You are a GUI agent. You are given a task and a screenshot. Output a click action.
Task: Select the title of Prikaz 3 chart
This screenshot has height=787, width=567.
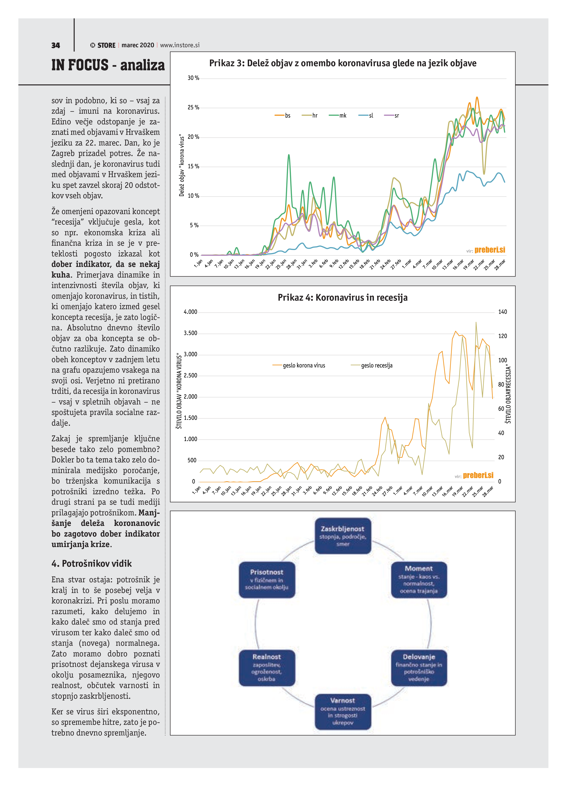[x=343, y=63]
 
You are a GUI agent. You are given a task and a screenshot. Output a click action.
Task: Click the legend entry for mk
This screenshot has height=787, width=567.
[x=338, y=116]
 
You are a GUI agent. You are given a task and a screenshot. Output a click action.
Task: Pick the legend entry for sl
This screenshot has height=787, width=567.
[x=366, y=116]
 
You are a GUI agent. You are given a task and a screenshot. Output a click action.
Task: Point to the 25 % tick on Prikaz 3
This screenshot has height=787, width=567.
[x=193, y=107]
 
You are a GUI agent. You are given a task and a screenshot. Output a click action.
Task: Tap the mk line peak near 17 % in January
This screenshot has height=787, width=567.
[x=289, y=155]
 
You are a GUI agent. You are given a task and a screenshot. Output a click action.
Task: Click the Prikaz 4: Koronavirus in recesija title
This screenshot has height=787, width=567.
[x=343, y=298]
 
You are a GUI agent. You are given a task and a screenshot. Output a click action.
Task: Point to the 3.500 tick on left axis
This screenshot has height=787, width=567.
[x=190, y=333]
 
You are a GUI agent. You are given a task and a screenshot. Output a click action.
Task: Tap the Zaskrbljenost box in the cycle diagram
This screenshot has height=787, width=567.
[x=343, y=536]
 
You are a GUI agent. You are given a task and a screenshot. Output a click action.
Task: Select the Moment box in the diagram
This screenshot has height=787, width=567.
[x=419, y=580]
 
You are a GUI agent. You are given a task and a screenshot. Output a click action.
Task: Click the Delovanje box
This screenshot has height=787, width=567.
[x=419, y=668]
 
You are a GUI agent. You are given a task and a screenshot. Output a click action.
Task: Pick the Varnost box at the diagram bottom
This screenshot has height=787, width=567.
[x=343, y=711]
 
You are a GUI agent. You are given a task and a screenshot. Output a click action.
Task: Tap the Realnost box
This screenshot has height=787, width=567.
[x=267, y=668]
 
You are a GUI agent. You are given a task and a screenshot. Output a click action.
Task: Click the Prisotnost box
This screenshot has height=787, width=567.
[x=267, y=580]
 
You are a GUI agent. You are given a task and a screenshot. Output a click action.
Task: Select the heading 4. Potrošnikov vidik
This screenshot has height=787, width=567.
[x=92, y=563]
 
